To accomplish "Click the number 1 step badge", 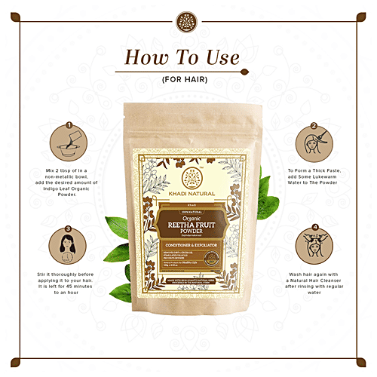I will [69, 125].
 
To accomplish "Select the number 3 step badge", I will [69, 228].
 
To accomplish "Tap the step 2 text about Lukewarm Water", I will [308, 177].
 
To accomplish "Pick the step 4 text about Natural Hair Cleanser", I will [307, 287].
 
